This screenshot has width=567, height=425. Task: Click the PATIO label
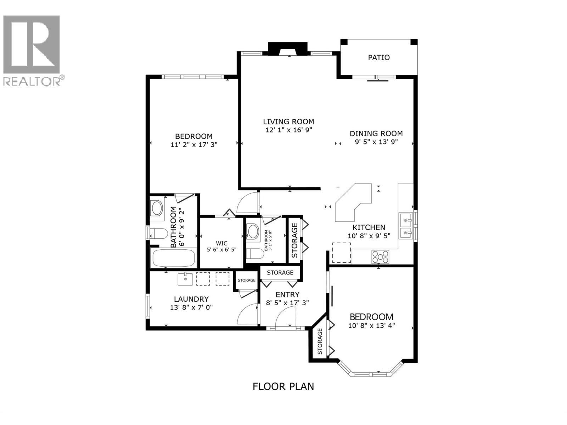click(x=378, y=57)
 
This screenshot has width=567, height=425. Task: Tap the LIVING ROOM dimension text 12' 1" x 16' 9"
click(x=288, y=130)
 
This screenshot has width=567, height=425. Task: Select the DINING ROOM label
click(x=376, y=134)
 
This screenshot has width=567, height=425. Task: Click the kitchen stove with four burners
click(x=380, y=256)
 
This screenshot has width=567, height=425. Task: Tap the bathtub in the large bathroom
click(x=174, y=258)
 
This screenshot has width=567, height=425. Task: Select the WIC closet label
click(x=221, y=243)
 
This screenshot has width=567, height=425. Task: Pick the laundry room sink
click(x=185, y=279)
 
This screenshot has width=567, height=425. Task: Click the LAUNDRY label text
click(x=191, y=299)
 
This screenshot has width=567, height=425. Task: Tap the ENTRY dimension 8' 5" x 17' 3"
click(x=287, y=303)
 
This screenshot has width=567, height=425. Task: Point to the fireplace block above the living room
click(x=287, y=48)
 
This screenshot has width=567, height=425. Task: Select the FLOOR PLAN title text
click(x=283, y=386)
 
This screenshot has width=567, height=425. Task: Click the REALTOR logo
click(x=33, y=50)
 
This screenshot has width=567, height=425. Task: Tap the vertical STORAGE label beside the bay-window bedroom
click(x=320, y=341)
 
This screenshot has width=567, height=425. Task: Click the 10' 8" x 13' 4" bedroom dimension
click(x=371, y=325)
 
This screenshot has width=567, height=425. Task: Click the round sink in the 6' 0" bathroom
click(x=156, y=209)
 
